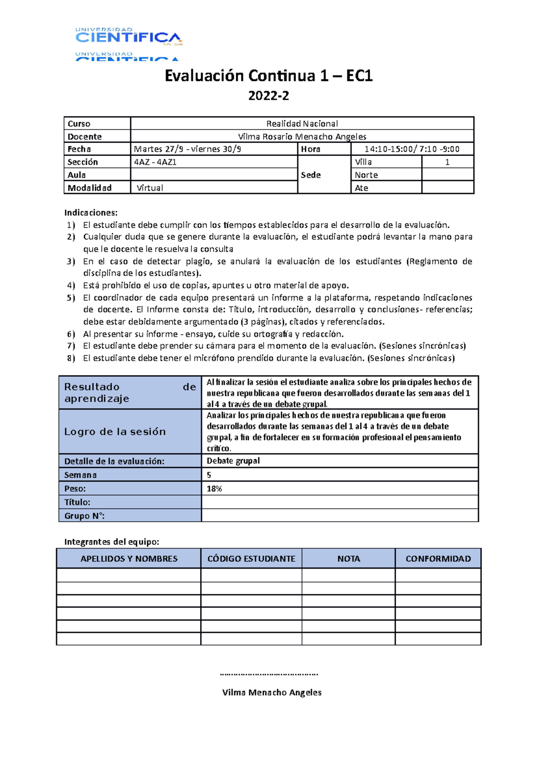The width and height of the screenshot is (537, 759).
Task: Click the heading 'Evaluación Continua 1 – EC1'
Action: [x=268, y=76]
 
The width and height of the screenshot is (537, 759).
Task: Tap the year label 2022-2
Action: [x=268, y=96]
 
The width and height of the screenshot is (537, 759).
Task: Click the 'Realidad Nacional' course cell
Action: [x=302, y=123]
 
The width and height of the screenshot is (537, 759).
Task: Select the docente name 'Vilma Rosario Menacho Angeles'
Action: [x=302, y=136]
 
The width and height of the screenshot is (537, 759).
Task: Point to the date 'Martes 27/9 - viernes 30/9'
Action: [x=188, y=149]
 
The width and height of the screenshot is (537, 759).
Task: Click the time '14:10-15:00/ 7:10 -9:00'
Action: [x=412, y=149]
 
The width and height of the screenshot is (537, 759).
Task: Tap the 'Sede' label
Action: [x=311, y=175]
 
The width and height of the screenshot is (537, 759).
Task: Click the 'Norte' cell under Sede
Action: [x=367, y=175]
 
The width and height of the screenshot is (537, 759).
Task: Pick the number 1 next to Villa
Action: [x=447, y=162]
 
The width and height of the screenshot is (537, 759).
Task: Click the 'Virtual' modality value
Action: [x=150, y=188]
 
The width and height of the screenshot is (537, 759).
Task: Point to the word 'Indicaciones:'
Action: [x=91, y=212]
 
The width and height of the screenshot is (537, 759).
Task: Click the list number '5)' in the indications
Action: [x=71, y=298]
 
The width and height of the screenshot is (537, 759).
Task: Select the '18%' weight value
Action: [x=214, y=489]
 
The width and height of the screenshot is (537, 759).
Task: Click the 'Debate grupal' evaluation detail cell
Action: [x=233, y=461]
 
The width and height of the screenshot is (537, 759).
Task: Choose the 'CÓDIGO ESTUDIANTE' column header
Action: [x=251, y=558]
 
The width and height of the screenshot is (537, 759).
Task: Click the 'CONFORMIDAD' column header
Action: [x=438, y=558]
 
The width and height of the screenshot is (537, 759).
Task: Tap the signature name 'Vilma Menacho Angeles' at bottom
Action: [x=272, y=692]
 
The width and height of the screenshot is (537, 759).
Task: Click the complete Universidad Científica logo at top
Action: [x=129, y=37]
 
